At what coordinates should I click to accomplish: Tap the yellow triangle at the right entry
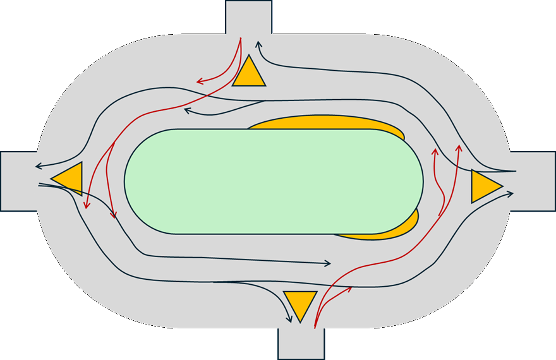pyautogui.click(x=483, y=186)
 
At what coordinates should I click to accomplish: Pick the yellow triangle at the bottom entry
pyautogui.click(x=299, y=303)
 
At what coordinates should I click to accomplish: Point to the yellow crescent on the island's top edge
pyautogui.click(x=329, y=122)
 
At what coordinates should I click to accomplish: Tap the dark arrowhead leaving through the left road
pyautogui.click(x=38, y=167)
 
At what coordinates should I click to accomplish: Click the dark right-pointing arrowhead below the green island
pyautogui.click(x=328, y=263)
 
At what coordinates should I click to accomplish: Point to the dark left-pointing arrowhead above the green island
pyautogui.click(x=188, y=111)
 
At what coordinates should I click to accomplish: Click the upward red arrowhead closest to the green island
pyautogui.click(x=435, y=152)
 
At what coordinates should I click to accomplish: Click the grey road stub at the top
pyautogui.click(x=249, y=16)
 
